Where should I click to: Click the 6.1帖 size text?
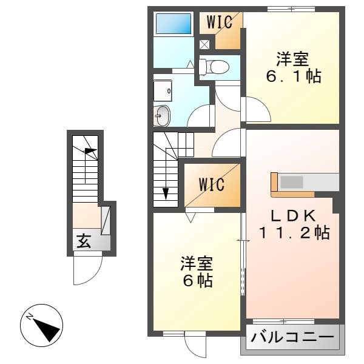coord(293,77)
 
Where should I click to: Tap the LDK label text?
coord(293,216)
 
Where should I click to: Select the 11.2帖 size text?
coord(294,232)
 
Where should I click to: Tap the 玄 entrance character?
coord(83,241)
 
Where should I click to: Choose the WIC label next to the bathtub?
coord(219,23)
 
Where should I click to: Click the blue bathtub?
coord(174,24)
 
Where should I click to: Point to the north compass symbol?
coord(41,325)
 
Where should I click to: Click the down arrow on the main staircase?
coord(166,193)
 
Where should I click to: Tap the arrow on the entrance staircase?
coord(90,152)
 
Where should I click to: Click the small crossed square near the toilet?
coord(204,44)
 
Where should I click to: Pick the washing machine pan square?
coord(162,90)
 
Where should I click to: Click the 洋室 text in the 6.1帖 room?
coord(293,60)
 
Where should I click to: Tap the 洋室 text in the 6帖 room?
coord(196,265)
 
